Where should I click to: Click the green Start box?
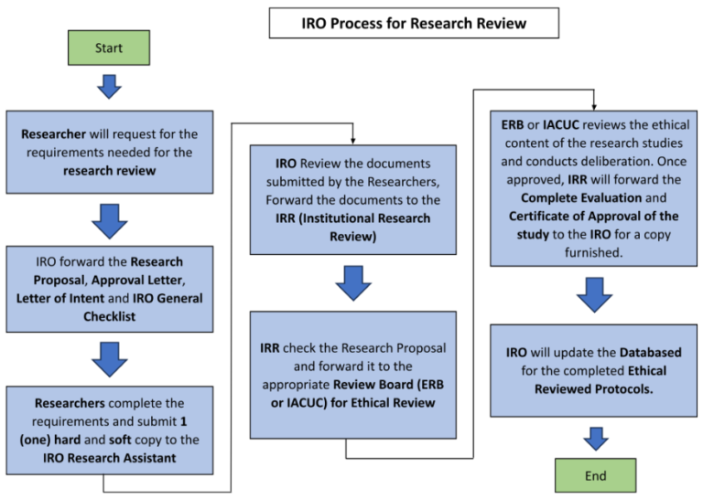click(109, 47)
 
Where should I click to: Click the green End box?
click(595, 475)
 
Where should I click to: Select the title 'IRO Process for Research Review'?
click(414, 23)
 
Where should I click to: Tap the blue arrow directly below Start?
click(110, 86)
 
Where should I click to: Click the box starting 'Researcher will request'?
click(110, 153)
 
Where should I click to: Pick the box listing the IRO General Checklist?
click(110, 289)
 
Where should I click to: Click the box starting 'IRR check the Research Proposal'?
click(352, 374)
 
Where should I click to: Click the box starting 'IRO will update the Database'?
click(595, 371)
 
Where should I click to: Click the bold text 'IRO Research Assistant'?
click(110, 458)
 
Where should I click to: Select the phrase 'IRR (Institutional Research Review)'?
click(352, 226)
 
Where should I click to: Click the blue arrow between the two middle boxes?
click(352, 282)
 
